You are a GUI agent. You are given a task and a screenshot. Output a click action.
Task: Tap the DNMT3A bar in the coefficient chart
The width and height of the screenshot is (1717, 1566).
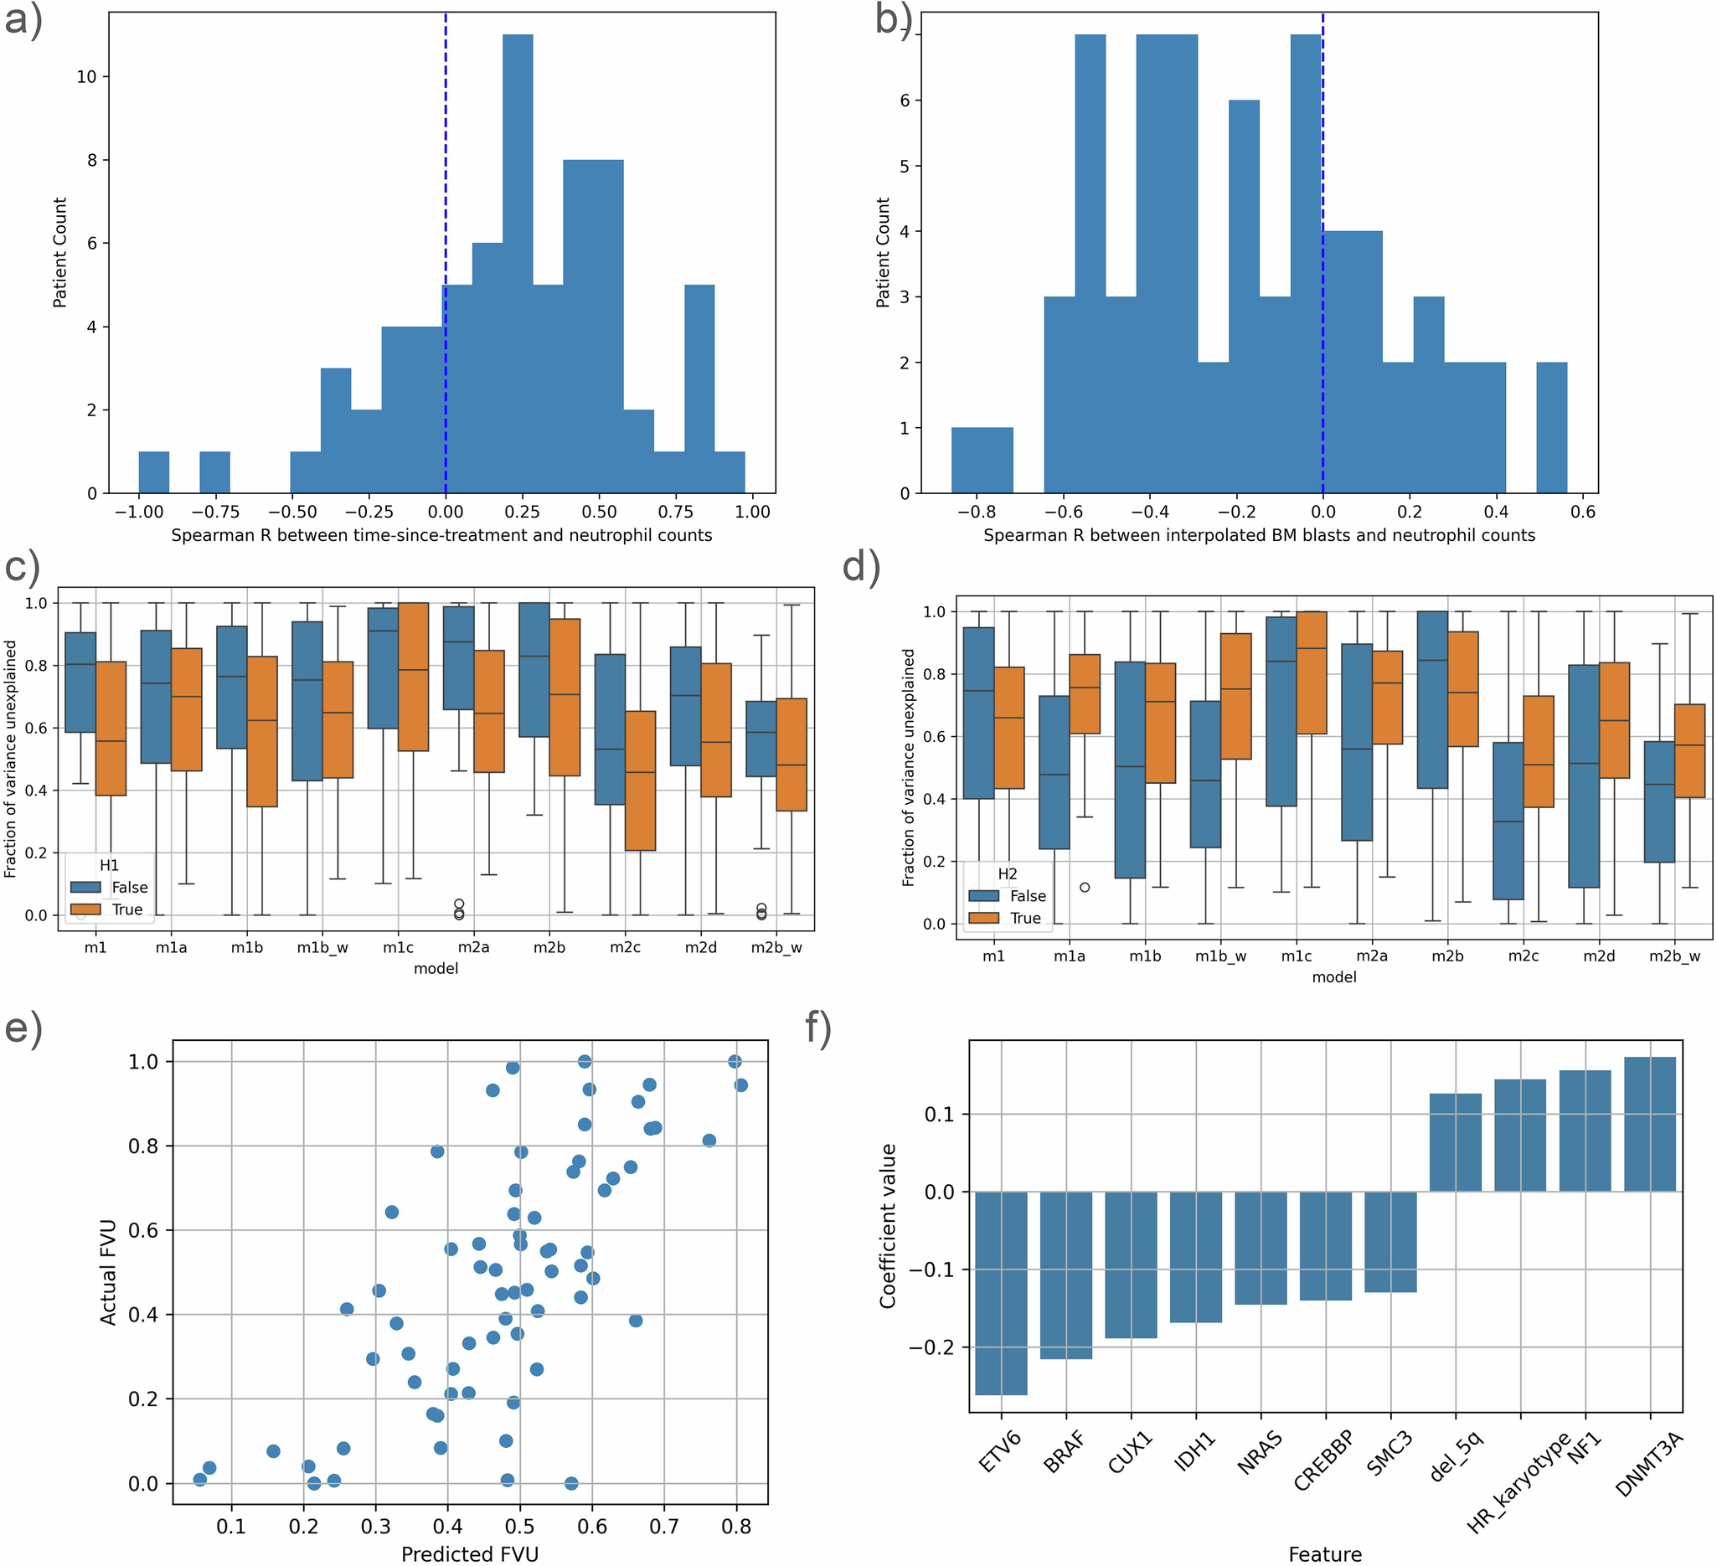tap(1650, 1124)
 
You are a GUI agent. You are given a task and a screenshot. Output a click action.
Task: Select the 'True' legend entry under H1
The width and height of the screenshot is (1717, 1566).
tap(127, 909)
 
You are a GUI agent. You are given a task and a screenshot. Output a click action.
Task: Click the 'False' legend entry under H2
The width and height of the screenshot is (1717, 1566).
tap(1027, 896)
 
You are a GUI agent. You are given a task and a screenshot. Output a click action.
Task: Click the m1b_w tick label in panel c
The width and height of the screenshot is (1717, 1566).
tap(322, 948)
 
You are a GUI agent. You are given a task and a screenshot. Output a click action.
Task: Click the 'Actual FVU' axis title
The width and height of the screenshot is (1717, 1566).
tap(108, 1272)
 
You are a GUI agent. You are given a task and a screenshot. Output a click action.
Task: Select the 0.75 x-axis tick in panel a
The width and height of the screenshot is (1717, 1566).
tap(676, 512)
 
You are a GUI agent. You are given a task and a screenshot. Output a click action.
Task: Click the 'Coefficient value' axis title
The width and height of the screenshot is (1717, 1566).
tap(889, 1226)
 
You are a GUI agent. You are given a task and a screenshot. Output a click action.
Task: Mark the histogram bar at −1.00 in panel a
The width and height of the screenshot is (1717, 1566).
tap(154, 472)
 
